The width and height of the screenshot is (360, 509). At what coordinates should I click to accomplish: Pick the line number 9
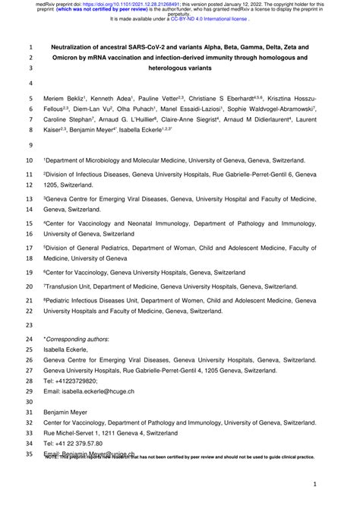[x=30, y=146]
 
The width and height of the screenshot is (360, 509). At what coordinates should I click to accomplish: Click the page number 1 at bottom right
[x=314, y=483]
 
